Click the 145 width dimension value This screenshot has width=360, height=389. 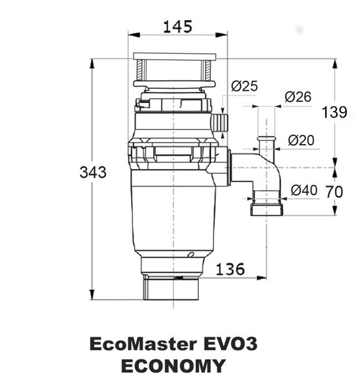point(178,27)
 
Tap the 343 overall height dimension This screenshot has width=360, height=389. point(93,172)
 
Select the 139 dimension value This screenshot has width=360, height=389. point(334,112)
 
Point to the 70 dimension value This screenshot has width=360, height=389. point(334,192)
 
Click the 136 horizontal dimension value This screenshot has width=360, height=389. point(230,269)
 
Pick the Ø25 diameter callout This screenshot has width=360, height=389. point(245,86)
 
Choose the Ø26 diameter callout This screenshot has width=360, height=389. point(298,97)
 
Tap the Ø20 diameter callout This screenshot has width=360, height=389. point(301,141)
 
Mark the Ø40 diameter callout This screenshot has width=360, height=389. point(304,191)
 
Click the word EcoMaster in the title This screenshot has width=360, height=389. point(143,344)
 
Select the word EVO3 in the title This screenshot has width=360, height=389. point(230,344)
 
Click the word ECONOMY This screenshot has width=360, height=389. point(173,366)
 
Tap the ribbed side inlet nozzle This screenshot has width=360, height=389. point(219,123)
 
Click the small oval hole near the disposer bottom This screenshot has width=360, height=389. point(191,255)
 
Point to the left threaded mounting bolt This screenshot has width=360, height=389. point(140,70)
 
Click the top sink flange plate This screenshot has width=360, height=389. point(175,56)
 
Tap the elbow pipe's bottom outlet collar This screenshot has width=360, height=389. point(267,209)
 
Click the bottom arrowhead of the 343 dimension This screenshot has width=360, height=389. point(92,294)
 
